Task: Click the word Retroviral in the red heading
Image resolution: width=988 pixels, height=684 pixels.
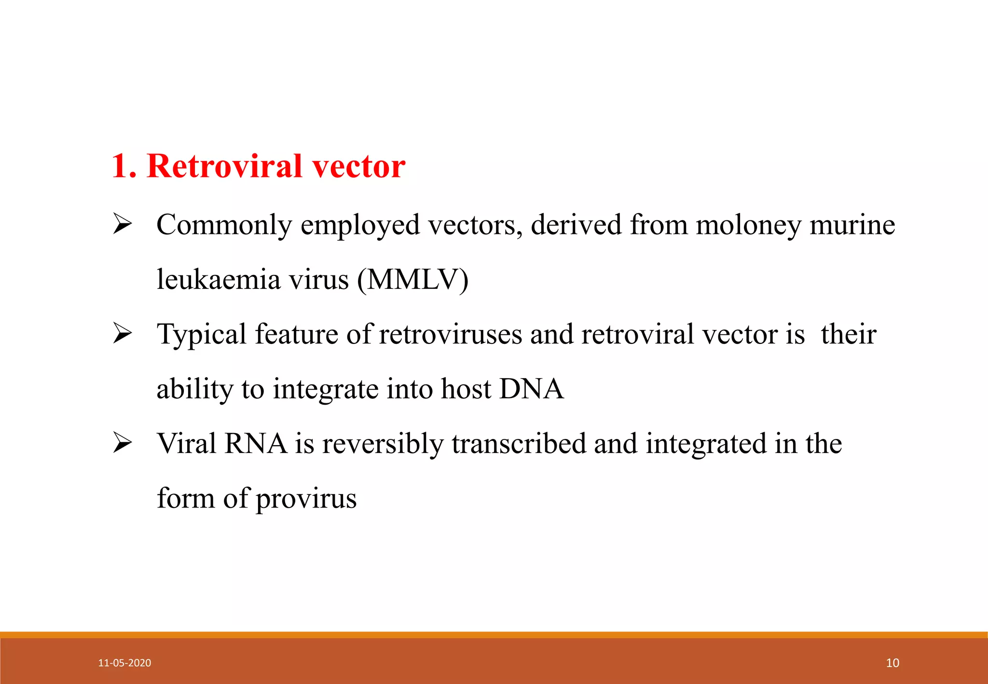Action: (x=225, y=166)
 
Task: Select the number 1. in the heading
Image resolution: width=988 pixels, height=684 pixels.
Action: (x=124, y=166)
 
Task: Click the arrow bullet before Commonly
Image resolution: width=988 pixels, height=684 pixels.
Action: (x=123, y=224)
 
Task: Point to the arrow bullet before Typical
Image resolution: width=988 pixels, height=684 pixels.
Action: (x=123, y=334)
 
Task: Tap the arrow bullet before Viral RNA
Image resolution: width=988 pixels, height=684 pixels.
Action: (x=123, y=443)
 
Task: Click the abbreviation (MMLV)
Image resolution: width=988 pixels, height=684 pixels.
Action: (x=412, y=279)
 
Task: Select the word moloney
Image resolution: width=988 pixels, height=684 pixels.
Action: (x=748, y=225)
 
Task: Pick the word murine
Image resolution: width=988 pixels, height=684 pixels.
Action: (x=852, y=225)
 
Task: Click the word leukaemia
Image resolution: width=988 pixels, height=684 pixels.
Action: (x=219, y=279)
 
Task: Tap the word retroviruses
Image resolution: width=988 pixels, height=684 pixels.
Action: (x=450, y=334)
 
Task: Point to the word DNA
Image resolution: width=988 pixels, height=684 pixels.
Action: (x=531, y=389)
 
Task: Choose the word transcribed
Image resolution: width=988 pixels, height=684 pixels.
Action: (x=518, y=443)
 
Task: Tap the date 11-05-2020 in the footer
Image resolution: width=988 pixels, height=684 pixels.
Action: (x=124, y=663)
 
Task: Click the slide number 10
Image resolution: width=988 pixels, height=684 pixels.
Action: (x=892, y=663)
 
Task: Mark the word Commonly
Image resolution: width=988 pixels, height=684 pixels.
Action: (x=224, y=225)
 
